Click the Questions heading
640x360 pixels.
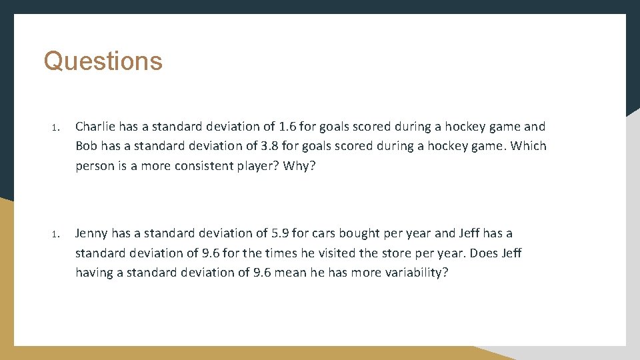[103, 61]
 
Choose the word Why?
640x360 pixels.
[299, 165]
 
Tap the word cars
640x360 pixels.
[323, 233]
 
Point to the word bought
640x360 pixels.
[359, 233]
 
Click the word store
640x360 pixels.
[450, 253]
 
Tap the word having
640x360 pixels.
[94, 273]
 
